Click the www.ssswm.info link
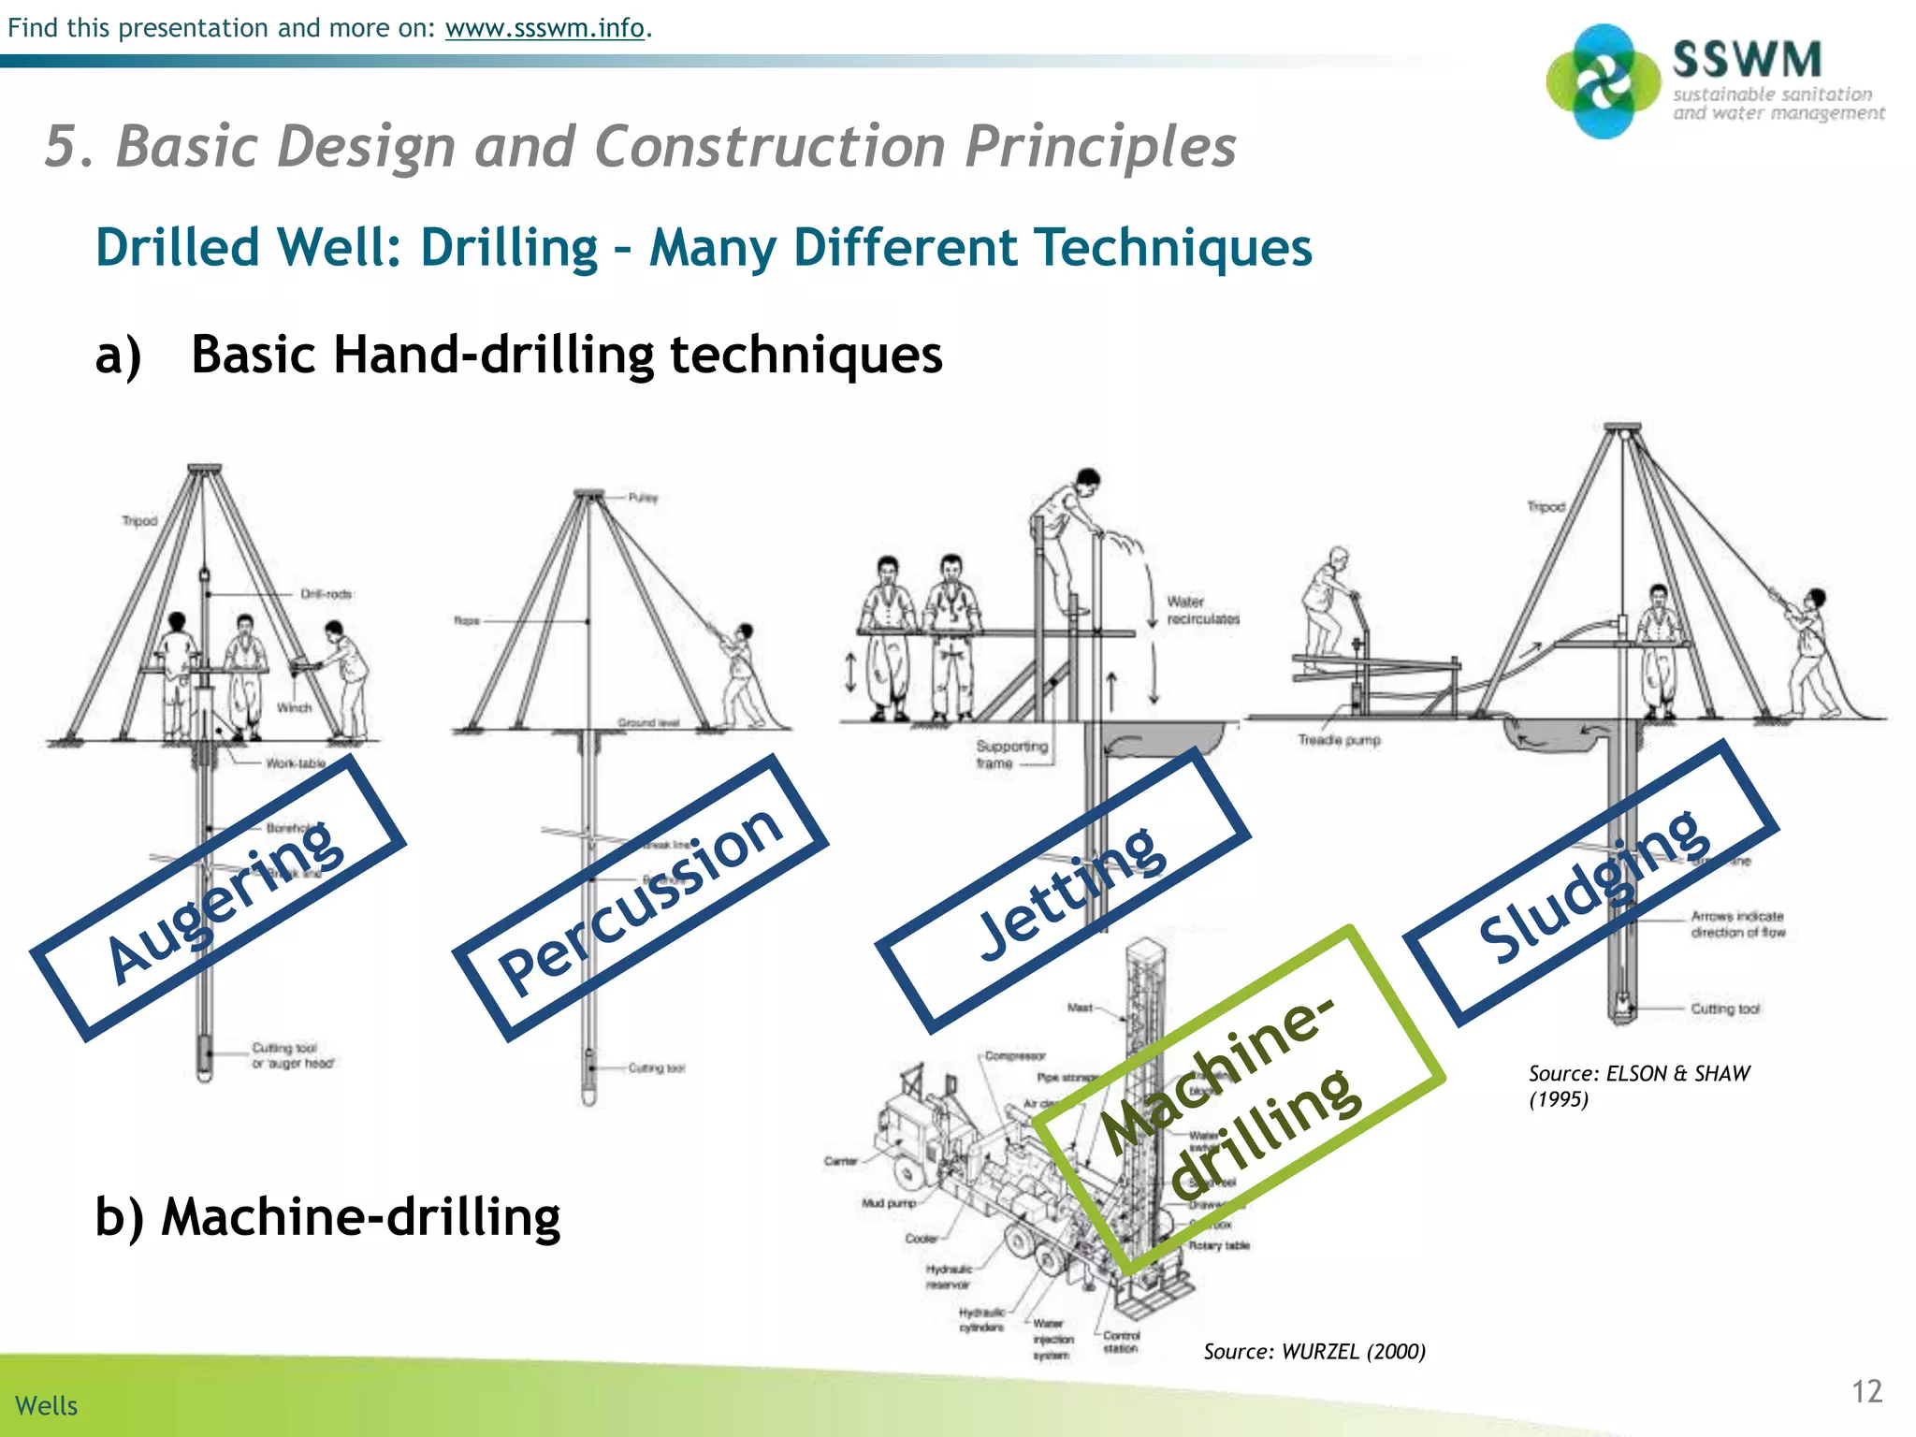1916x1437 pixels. tap(544, 28)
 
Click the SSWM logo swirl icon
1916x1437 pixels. tap(1604, 82)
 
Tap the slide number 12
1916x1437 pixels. tap(1866, 1391)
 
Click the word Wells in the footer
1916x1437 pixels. tap(47, 1405)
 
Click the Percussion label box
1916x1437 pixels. tap(641, 898)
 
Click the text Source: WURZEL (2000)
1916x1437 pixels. tap(1314, 1351)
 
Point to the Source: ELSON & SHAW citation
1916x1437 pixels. tap(1637, 1085)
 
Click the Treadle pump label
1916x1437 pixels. tap(1339, 740)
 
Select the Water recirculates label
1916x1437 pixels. tap(1201, 610)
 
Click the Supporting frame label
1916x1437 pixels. tap(1010, 754)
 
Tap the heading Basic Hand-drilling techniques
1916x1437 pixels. tap(566, 356)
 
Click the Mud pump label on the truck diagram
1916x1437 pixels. tap(888, 1203)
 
